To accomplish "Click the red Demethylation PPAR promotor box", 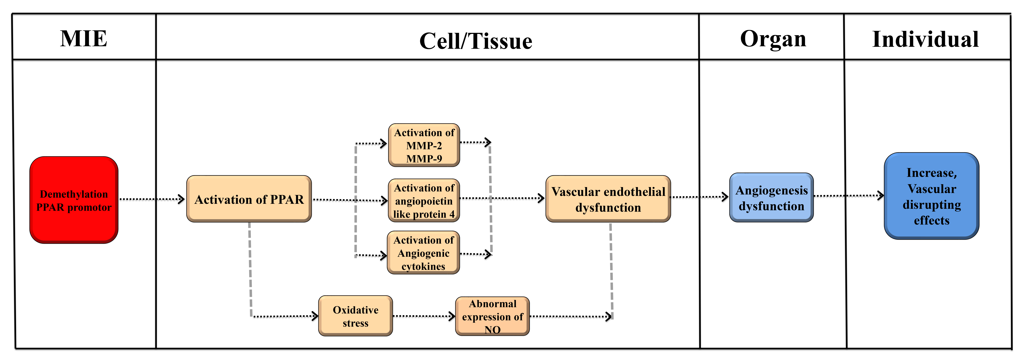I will tap(74, 200).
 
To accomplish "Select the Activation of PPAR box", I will tap(249, 199).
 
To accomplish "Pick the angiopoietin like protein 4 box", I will tap(424, 201).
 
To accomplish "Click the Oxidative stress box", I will tap(355, 316).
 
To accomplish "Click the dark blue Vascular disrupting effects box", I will tap(931, 196).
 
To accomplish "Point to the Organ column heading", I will tap(773, 39).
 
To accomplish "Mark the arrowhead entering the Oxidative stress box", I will tap(315, 316).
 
